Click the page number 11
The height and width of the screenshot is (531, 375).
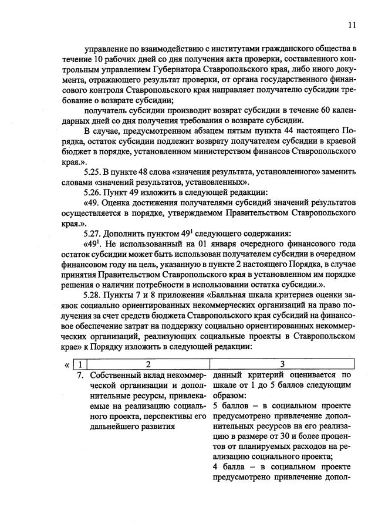click(x=352, y=25)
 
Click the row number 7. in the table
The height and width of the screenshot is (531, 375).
click(x=82, y=374)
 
